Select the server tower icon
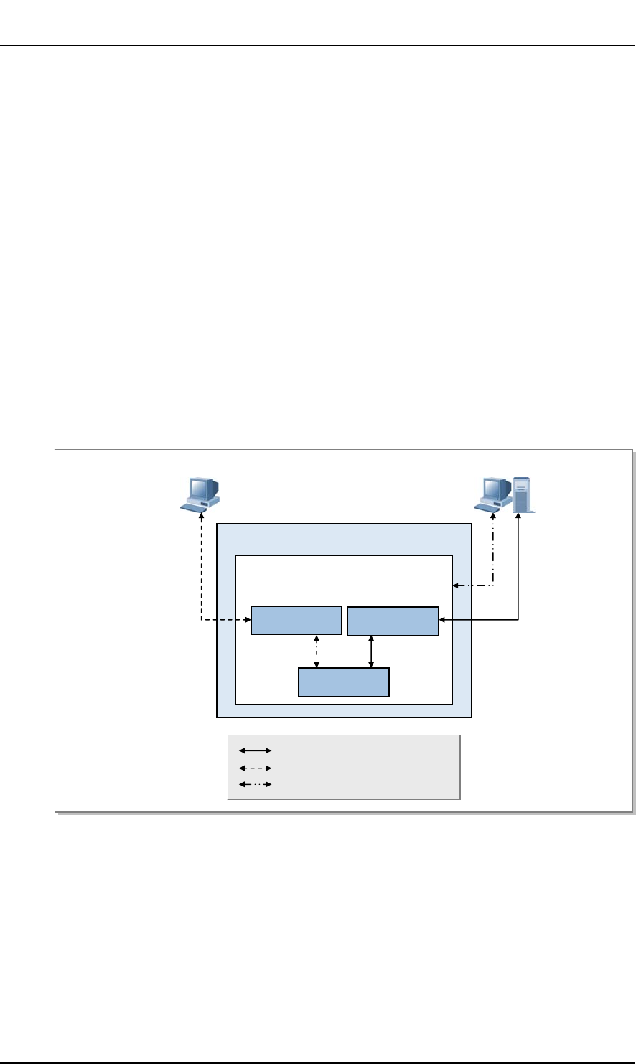[523, 495]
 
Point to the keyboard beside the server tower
[488, 507]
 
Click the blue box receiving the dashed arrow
[296, 621]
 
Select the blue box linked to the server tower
[393, 621]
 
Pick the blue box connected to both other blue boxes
[344, 682]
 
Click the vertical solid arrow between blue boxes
[370, 651]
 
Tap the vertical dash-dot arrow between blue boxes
[317, 651]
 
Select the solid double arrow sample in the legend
[255, 750]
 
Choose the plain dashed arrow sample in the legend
[255, 767]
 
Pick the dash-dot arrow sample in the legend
[255, 784]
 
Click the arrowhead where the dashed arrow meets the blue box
[247, 621]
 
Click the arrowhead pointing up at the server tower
[517, 517]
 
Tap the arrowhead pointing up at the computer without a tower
[202, 515]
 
